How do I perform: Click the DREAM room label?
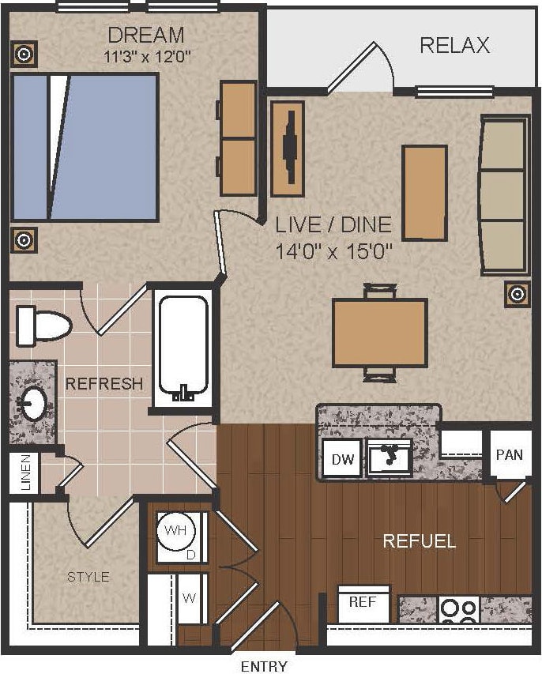tap(146, 35)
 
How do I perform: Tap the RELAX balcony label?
tap(454, 45)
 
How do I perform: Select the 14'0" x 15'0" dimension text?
tap(333, 252)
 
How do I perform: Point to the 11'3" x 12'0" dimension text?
tap(146, 57)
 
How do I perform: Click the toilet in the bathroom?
tap(43, 325)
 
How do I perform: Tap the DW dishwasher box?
tap(341, 459)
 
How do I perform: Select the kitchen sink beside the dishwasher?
tap(390, 457)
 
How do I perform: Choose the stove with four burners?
tap(459, 610)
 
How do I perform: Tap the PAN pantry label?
tap(509, 455)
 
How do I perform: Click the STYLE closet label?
tap(88, 577)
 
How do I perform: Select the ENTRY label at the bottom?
tap(264, 666)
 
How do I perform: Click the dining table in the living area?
tap(379, 333)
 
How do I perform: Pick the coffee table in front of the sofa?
tap(424, 192)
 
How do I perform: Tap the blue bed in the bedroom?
tap(85, 148)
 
